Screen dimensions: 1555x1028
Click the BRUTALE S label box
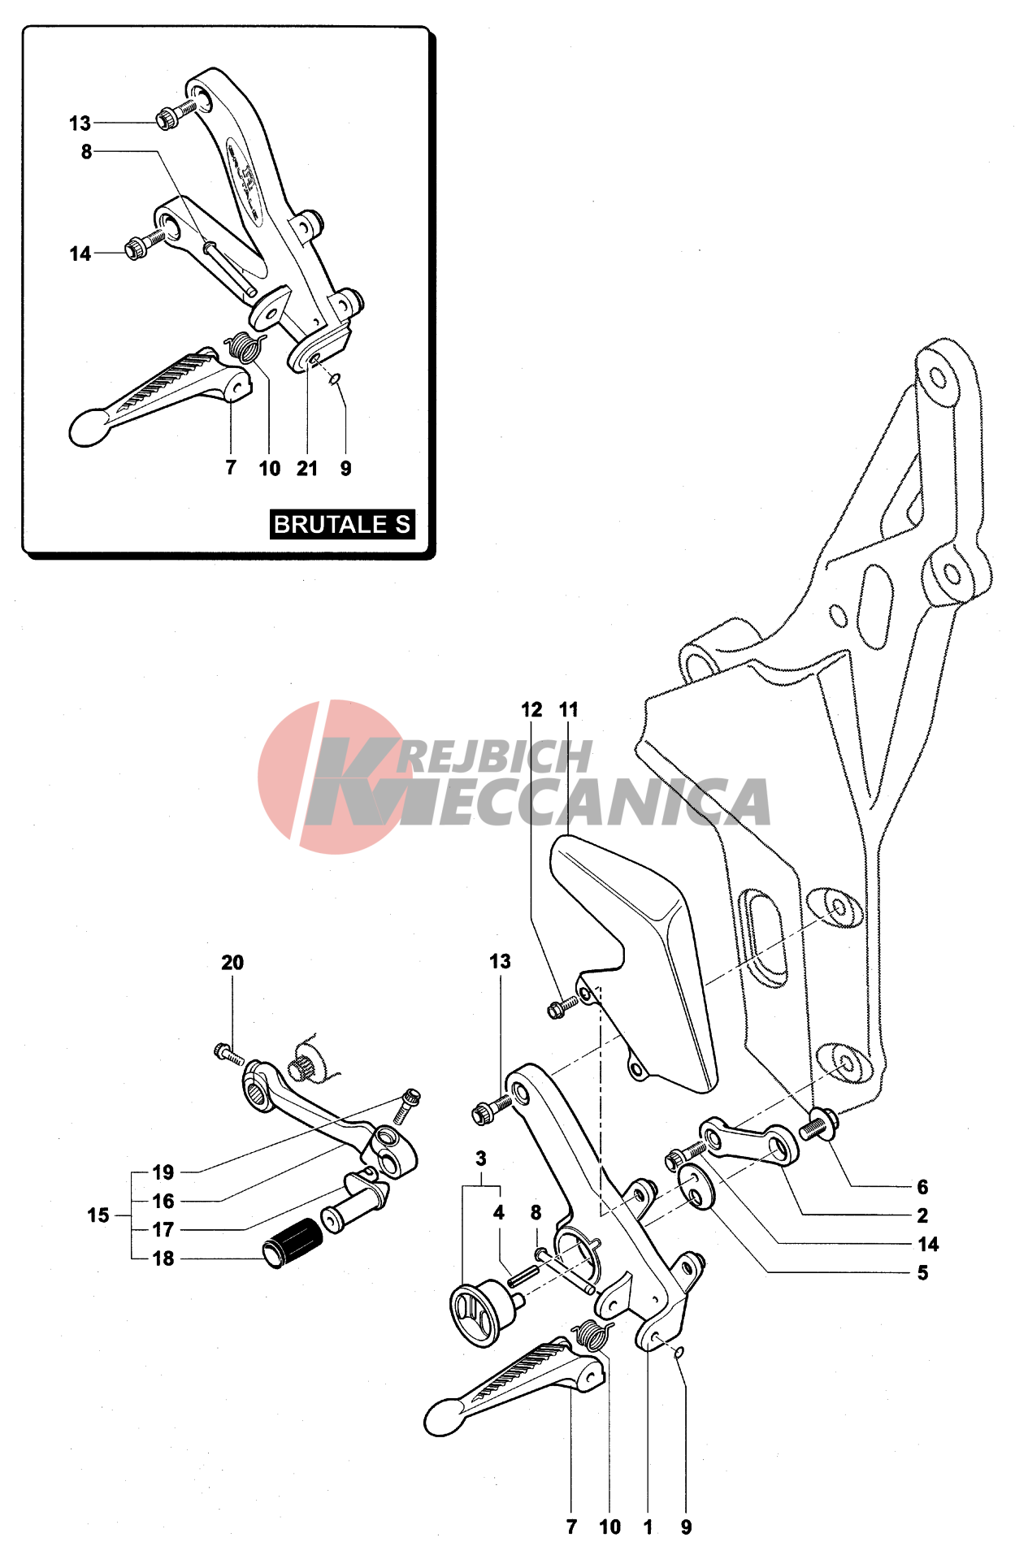[x=342, y=524]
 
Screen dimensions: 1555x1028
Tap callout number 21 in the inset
[x=307, y=468]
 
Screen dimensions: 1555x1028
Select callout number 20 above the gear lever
[x=232, y=962]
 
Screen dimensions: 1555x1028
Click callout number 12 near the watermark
[x=531, y=709]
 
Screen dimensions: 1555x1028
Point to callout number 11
[x=569, y=709]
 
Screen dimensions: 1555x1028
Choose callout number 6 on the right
[x=922, y=1187]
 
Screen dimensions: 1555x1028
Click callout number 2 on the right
[x=922, y=1215]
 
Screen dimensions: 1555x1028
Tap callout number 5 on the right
[x=922, y=1272]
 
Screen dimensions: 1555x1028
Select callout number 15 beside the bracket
[x=98, y=1215]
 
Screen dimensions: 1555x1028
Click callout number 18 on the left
[x=163, y=1258]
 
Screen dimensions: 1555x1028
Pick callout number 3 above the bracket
[x=481, y=1159]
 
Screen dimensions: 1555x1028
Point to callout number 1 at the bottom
[x=648, y=1527]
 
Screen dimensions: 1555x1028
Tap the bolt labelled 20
[x=228, y=1053]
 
